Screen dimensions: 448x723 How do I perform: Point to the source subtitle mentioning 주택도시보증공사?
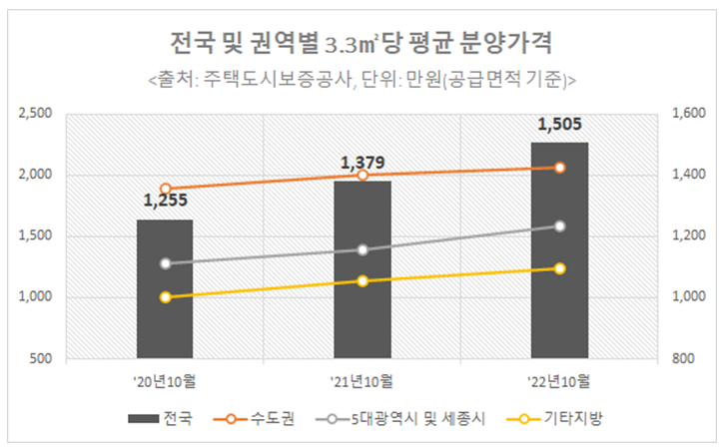click(x=361, y=78)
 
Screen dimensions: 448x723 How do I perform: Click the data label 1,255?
click(x=165, y=202)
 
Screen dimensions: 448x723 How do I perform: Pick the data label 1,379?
click(x=362, y=163)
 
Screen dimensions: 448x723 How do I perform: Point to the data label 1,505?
click(x=559, y=125)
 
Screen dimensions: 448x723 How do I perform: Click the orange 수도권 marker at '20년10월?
click(x=166, y=189)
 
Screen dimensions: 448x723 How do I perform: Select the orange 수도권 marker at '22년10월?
click(x=560, y=167)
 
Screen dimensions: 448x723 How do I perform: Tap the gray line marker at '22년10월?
click(x=560, y=225)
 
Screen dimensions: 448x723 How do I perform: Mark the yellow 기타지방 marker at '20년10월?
click(x=166, y=297)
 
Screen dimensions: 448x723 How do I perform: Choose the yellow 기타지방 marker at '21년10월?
click(x=362, y=281)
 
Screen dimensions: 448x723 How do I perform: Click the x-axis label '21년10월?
click(x=362, y=380)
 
